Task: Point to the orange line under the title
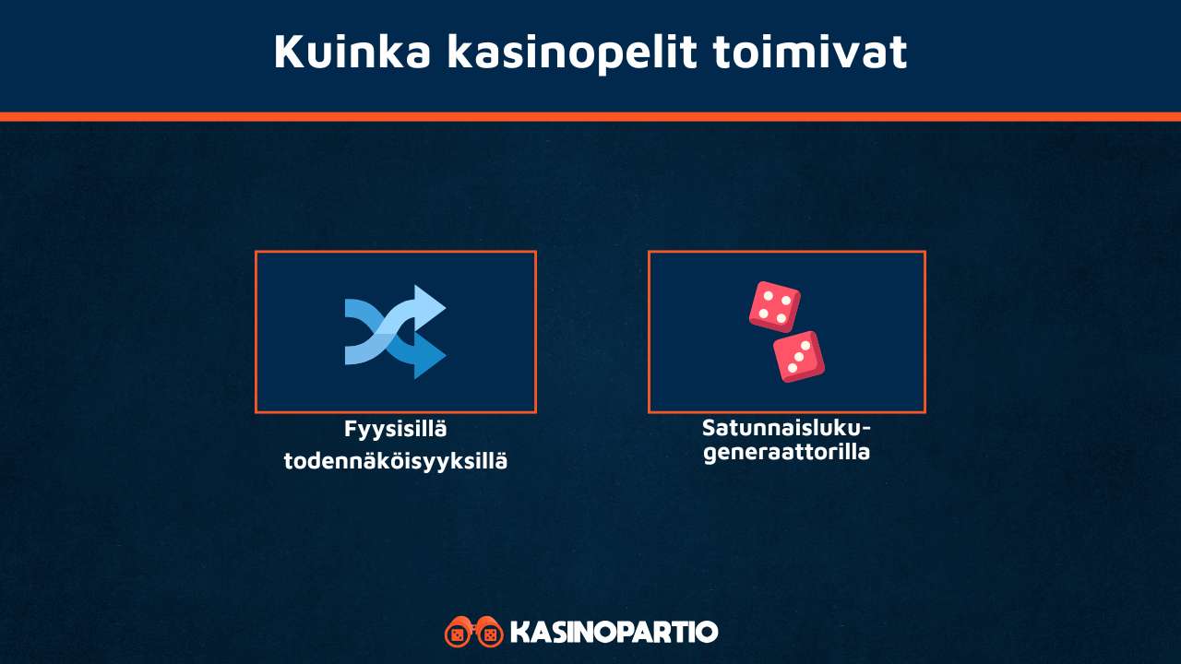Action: [590, 117]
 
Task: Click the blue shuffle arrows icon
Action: [395, 332]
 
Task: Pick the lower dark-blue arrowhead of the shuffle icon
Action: [428, 355]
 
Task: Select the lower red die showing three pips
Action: [799, 356]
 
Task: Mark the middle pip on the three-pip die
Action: [799, 356]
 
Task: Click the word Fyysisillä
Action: [395, 429]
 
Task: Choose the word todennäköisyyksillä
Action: [395, 460]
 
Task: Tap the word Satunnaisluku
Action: [779, 428]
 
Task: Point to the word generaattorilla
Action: [786, 453]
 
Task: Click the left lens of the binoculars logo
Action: [459, 634]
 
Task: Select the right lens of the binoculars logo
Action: [490, 634]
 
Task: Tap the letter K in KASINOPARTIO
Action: [519, 633]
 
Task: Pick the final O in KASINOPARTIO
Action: [706, 633]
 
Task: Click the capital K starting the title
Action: [288, 53]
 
